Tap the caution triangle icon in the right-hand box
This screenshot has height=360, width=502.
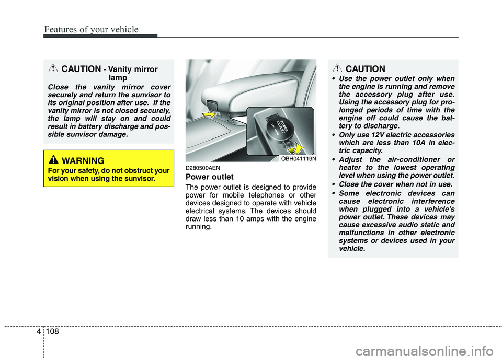click(x=339, y=68)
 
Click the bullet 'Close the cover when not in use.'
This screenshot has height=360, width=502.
click(x=394, y=184)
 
